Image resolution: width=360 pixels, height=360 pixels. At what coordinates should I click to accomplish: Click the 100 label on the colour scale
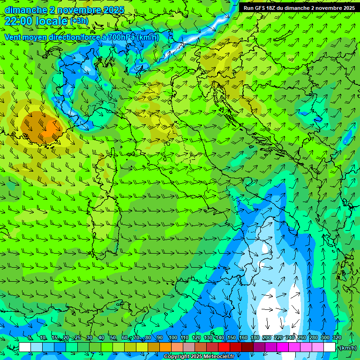pyautogui.click(x=172, y=338)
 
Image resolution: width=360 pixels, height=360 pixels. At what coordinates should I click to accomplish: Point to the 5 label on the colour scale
pyautogui.click(x=30, y=338)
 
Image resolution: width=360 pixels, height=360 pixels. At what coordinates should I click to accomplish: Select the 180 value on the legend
pyautogui.click(x=255, y=338)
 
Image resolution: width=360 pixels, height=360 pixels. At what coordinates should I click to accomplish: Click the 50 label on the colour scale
pyautogui.click(x=113, y=338)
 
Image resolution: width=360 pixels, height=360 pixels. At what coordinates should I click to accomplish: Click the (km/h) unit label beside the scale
pyautogui.click(x=347, y=348)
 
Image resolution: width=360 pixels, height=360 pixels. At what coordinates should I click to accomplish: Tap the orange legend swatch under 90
pyautogui.click(x=165, y=347)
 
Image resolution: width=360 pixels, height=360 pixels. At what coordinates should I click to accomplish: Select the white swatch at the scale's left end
pyautogui.click(x=25, y=347)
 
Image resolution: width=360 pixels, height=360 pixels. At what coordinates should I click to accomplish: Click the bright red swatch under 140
pyautogui.click(x=224, y=347)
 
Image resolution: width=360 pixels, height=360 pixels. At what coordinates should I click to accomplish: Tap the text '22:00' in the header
pyautogui.click(x=19, y=21)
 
